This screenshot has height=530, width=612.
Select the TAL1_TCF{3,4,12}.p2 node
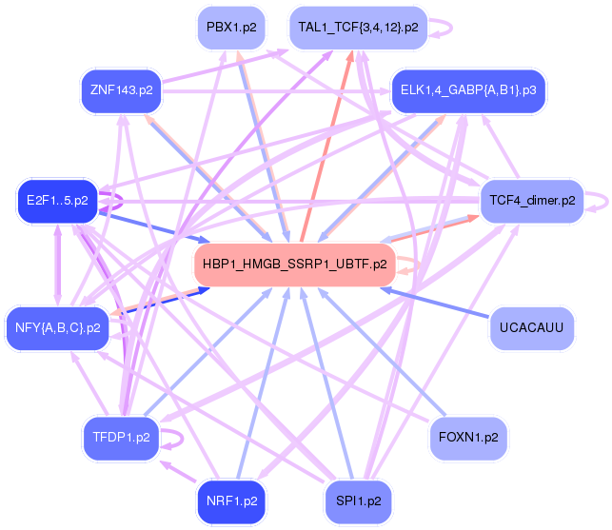point(357,28)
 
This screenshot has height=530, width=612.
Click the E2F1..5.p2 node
point(57,200)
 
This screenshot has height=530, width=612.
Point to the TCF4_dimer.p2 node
point(532,200)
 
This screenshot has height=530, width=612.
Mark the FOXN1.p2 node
point(468,438)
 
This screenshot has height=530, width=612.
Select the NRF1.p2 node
point(229,500)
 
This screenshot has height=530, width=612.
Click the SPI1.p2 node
point(357,500)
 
